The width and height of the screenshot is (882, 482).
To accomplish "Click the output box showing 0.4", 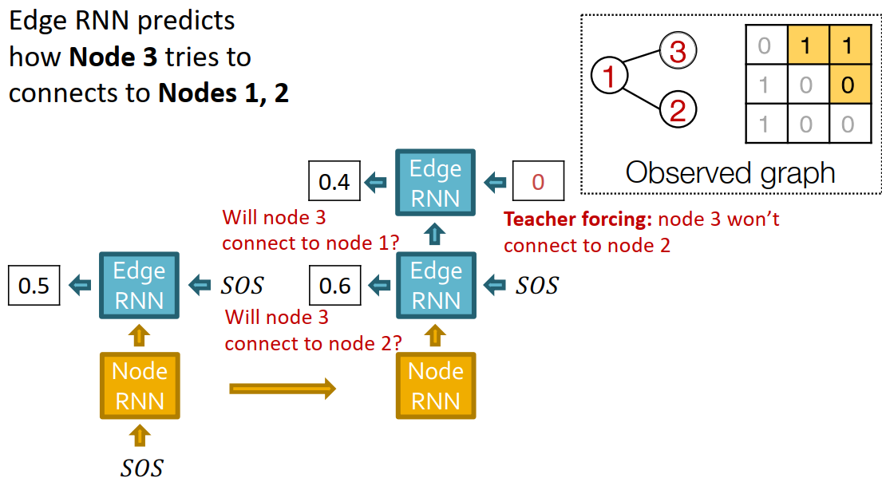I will (x=334, y=182).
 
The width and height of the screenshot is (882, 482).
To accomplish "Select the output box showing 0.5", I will (x=34, y=285).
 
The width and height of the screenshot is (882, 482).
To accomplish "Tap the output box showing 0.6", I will (x=334, y=285).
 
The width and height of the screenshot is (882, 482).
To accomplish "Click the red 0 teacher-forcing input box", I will (x=537, y=182).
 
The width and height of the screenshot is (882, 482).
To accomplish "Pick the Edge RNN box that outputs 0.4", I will (x=435, y=183).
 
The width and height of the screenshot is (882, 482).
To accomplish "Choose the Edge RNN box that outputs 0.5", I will (x=139, y=285).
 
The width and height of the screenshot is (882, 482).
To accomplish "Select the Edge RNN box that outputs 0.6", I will (x=435, y=285).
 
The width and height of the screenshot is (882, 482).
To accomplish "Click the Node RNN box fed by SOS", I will (x=139, y=386).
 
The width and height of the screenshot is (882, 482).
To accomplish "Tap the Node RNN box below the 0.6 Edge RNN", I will (x=435, y=386).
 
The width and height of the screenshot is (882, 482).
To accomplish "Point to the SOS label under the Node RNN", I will (x=141, y=468).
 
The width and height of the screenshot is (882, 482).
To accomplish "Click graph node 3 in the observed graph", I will (x=677, y=53).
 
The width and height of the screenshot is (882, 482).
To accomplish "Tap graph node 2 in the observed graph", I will (x=677, y=109).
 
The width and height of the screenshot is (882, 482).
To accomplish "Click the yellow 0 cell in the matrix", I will (x=848, y=84).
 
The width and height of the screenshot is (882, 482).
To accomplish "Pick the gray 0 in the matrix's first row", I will (x=764, y=45).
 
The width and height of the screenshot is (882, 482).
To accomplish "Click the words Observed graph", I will (x=730, y=172).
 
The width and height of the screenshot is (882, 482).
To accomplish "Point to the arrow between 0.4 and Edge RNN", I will (x=374, y=183).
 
